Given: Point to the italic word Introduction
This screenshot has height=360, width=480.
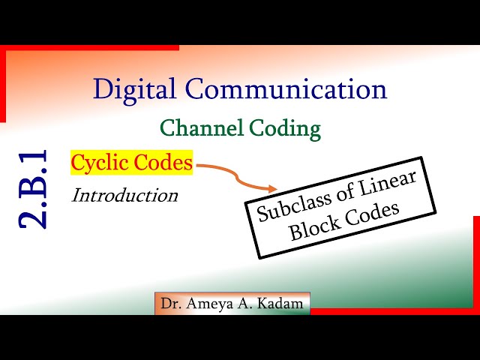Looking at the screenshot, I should click(x=124, y=196).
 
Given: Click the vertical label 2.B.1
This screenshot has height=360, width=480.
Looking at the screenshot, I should click(x=34, y=189).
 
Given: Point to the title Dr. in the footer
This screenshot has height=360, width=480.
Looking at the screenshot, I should click(x=169, y=304).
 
